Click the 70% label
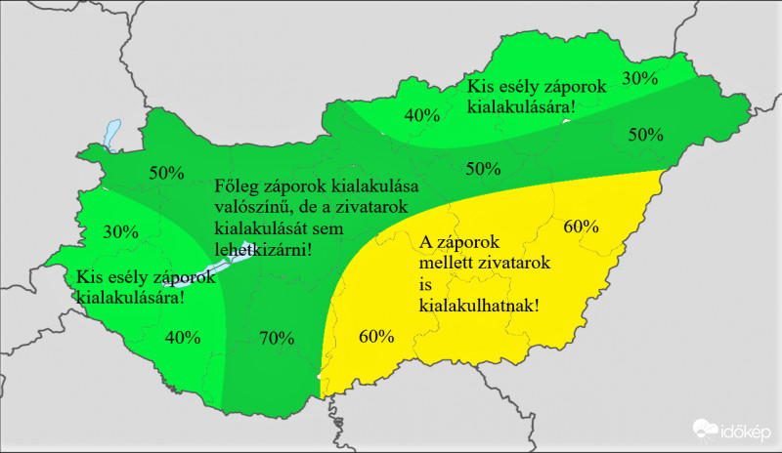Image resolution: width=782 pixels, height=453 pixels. (x=277, y=339)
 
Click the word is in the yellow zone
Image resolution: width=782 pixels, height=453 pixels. (x=425, y=284)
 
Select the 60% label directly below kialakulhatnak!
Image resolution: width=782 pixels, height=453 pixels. (x=376, y=337)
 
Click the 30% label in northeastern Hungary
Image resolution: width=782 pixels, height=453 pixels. (x=640, y=77)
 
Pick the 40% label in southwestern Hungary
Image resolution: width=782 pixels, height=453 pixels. (x=183, y=338)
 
